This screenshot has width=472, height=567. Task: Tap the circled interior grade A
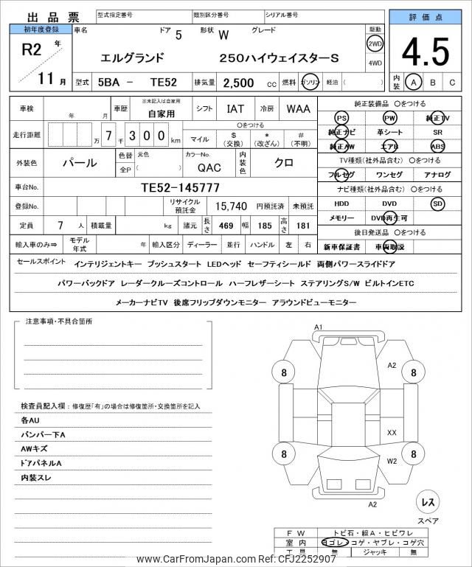[x=415, y=83]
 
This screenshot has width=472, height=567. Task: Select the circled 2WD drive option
[x=375, y=43]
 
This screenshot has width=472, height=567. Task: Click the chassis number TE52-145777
[x=180, y=188]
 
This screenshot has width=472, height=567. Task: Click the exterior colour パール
[x=78, y=161]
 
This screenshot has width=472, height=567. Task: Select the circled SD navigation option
[x=438, y=204]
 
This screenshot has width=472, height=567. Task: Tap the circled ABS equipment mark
[x=438, y=146]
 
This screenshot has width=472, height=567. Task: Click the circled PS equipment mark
[x=341, y=118]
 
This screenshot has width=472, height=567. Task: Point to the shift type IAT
[x=235, y=109]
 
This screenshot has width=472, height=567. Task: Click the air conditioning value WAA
[x=298, y=109]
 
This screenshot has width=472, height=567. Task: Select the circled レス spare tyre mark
[x=427, y=501]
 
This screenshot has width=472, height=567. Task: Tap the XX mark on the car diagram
[x=392, y=432]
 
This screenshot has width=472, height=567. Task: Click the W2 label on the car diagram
[x=392, y=461]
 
